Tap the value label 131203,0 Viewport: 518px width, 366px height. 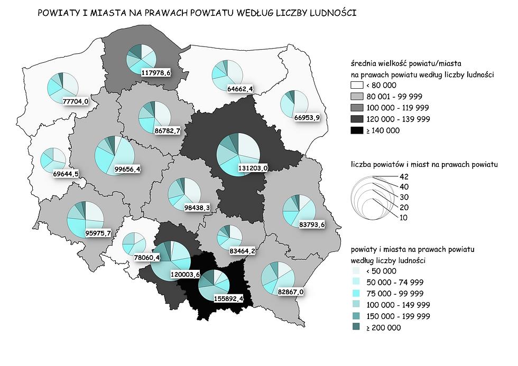255,167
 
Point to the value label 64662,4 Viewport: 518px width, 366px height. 240,88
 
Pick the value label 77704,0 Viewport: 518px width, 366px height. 76,101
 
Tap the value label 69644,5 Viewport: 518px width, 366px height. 66,173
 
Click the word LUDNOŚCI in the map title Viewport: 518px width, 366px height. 330,13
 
